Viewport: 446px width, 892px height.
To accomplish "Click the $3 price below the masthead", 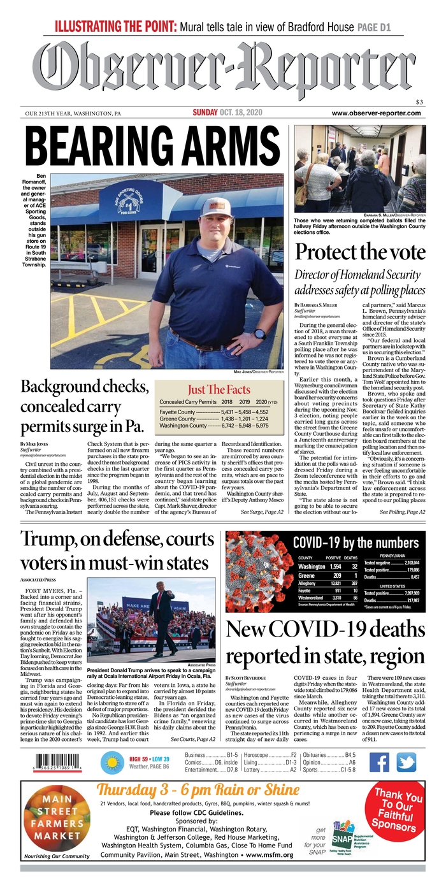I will click(419, 102).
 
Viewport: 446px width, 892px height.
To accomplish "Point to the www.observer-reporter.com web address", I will click(377, 113).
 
